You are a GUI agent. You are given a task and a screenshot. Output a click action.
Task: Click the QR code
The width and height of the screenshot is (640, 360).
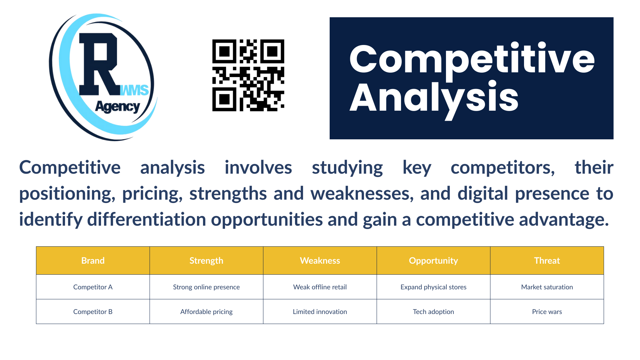(x=248, y=75)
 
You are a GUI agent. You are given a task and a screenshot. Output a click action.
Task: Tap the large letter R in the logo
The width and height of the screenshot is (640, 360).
(x=99, y=64)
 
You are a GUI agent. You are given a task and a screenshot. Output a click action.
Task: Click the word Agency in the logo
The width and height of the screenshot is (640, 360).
(x=118, y=107)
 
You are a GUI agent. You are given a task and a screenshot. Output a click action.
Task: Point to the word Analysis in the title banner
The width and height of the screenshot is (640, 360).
(x=434, y=98)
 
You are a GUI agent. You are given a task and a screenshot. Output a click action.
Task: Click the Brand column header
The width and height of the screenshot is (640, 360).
(x=93, y=261)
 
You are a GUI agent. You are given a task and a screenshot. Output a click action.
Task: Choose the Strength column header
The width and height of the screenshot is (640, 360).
(x=206, y=261)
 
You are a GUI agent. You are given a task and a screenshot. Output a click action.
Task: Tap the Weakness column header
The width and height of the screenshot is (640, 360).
(x=320, y=261)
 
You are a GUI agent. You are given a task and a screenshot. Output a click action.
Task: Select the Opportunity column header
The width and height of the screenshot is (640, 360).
(x=433, y=261)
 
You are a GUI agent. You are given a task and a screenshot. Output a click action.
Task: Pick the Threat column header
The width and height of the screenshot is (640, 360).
(x=547, y=261)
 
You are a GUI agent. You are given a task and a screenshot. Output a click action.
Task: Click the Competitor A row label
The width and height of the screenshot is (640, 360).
(x=93, y=287)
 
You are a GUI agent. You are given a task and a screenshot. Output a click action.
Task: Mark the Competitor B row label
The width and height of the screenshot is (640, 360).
(x=93, y=312)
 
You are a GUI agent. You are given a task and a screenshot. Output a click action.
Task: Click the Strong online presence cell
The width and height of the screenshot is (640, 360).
(x=206, y=287)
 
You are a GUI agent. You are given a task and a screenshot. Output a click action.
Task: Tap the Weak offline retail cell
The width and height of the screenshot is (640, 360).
(x=320, y=287)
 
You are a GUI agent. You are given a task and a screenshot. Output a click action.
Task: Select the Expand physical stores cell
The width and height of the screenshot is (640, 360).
(x=433, y=287)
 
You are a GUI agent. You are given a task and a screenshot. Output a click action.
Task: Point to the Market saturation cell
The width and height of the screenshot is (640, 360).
(x=547, y=287)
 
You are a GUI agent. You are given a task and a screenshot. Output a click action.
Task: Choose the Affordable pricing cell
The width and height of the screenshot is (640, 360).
(x=206, y=312)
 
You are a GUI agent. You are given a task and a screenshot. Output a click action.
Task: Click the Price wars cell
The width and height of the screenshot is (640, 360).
(x=547, y=312)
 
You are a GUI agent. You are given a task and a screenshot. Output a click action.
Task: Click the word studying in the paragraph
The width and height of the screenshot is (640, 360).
(x=347, y=168)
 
